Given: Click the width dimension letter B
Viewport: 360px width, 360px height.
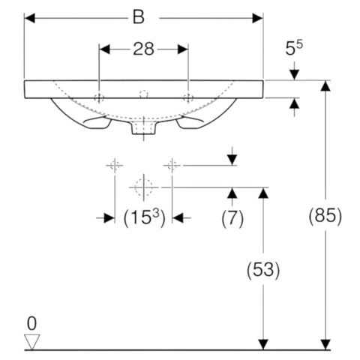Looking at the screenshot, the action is [x=139, y=18].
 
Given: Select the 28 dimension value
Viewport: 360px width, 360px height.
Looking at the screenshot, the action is [x=143, y=49].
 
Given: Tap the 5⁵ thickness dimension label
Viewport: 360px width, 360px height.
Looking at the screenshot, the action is [x=294, y=47].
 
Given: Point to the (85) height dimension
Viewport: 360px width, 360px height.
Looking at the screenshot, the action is [x=325, y=217].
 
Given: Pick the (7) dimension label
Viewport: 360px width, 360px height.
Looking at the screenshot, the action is [x=232, y=218].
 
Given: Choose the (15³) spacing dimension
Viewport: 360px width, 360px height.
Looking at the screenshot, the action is [x=145, y=217].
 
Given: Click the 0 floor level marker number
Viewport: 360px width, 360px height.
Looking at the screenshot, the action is [x=32, y=323].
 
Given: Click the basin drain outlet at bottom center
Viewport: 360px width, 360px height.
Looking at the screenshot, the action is [x=144, y=128].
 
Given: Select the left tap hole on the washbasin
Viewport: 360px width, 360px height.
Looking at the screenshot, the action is [x=99, y=97].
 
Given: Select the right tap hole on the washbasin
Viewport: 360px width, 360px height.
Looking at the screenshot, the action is [x=188, y=97].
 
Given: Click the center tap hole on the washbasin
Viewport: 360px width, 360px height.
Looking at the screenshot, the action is [x=144, y=94].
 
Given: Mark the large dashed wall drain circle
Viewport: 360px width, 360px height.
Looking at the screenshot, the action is [x=144, y=187].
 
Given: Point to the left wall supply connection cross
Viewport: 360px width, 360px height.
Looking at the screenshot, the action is [x=115, y=165].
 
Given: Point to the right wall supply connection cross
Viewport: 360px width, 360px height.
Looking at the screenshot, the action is [x=172, y=165].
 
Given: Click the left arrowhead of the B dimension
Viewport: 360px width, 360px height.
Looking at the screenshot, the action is [x=29, y=18].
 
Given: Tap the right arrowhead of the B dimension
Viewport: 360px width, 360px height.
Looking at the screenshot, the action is [x=257, y=18].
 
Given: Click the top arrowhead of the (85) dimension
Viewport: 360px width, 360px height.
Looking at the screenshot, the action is [x=325, y=85].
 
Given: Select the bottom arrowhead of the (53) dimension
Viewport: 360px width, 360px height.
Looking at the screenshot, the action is [x=263, y=344].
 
